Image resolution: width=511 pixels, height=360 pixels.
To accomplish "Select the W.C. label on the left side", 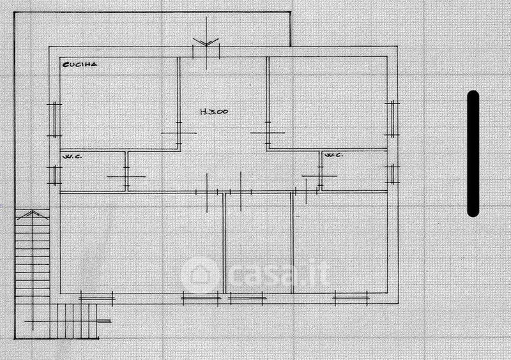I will point(70,156).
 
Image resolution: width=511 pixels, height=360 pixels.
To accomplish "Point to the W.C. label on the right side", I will point(333,155).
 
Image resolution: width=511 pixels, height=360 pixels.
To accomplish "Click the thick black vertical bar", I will point(473,153).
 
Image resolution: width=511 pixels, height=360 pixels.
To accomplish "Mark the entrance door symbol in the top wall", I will point(207,46).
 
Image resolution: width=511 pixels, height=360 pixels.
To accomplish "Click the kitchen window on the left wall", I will point(55,119).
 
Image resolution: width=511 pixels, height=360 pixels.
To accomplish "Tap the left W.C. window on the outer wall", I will point(55,174).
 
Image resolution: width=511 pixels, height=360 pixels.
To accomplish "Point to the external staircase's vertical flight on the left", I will point(32,255).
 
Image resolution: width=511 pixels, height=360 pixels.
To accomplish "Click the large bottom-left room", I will point(141,243).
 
